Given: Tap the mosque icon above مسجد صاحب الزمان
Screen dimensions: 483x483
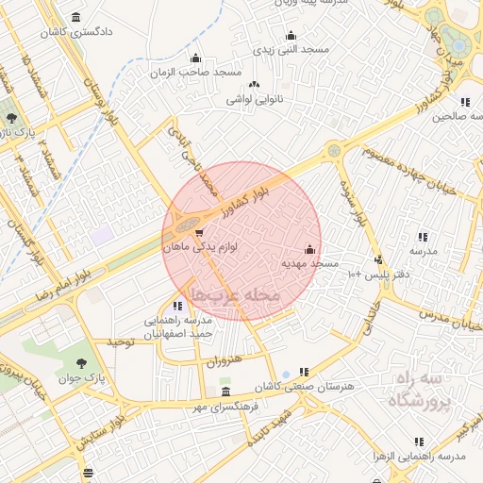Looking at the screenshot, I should [x=196, y=58].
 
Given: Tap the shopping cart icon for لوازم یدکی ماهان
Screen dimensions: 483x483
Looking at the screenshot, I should [x=198, y=232].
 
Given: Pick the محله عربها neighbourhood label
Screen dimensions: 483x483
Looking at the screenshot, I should [x=236, y=295].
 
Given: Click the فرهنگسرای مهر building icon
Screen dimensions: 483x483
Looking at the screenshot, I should [x=225, y=391].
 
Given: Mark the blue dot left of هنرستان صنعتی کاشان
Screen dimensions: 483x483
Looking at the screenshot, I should [x=286, y=375].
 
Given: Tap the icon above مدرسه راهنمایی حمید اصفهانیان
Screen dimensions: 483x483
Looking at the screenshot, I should [x=178, y=306].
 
